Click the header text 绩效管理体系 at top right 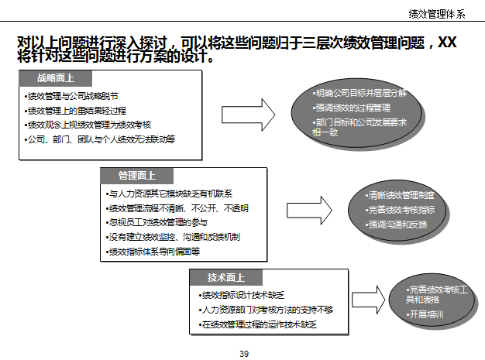[x=437, y=13]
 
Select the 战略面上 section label [x=55, y=78]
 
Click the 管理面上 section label [x=136, y=176]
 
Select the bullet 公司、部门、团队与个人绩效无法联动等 [x=101, y=139]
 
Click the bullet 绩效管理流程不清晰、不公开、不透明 [x=179, y=208]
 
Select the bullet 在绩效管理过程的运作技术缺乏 [x=259, y=324]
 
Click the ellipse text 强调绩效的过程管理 [x=352, y=108]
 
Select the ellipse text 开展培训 [x=426, y=315]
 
